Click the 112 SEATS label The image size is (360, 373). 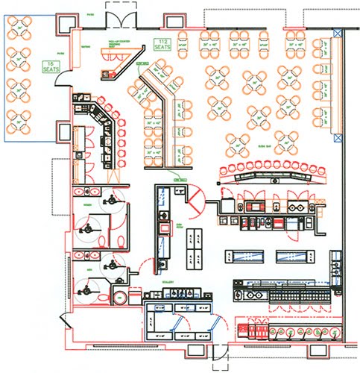point(162,44)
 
